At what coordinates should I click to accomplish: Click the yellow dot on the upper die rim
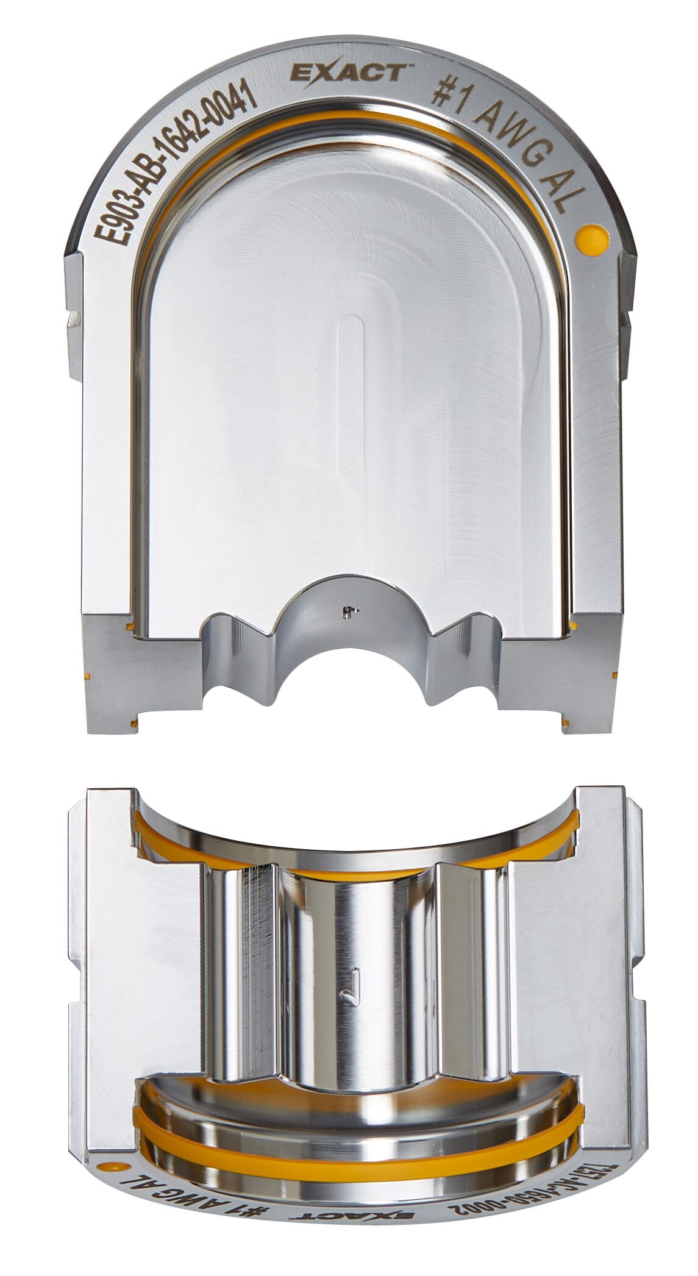pyautogui.click(x=591, y=237)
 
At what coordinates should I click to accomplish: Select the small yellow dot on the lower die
pyautogui.click(x=111, y=1166)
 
